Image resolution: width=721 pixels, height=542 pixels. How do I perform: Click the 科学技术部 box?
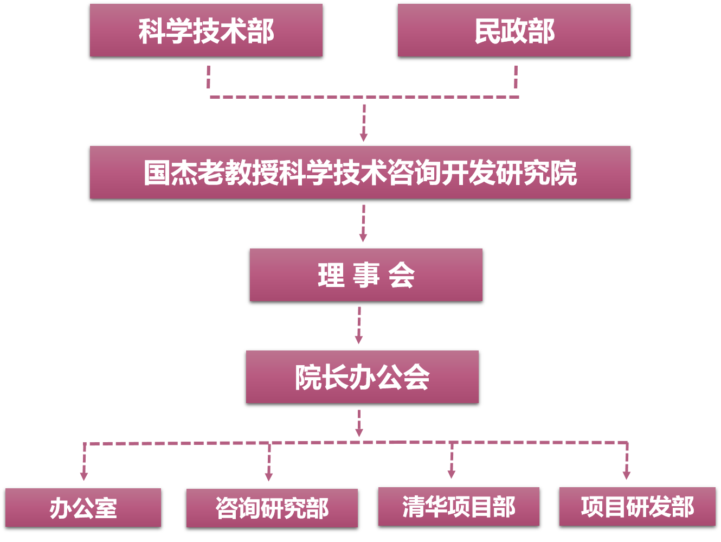pos(206,30)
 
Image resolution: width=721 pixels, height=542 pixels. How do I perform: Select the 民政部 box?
pos(514,30)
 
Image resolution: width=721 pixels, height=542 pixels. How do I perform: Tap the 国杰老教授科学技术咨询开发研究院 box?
pos(360,173)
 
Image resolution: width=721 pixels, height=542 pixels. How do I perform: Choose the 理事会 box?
pos(366,275)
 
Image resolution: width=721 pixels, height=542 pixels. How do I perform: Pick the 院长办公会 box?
pos(362,377)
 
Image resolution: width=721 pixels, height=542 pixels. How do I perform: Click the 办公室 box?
pos(83,508)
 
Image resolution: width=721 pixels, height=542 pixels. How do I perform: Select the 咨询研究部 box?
pos(272,508)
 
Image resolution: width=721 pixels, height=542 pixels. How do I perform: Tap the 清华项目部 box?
pos(459,507)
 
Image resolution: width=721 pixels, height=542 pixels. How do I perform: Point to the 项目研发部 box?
pos(638,507)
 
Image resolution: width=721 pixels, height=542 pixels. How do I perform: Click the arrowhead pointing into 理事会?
pos(363,238)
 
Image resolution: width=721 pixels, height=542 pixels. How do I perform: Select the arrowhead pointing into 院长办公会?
pos(359,340)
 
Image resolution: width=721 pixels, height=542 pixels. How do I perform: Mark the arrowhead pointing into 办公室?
pos(84,476)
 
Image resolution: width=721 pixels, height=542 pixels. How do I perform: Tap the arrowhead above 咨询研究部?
pos(269,477)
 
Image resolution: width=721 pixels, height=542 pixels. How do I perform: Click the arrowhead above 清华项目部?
pos(452,475)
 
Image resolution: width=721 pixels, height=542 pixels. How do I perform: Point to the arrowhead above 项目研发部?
pos(627,475)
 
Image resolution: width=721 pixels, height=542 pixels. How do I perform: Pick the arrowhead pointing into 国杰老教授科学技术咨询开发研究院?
pos(364,137)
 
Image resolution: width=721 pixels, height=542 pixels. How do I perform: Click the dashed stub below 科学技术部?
pos(209,77)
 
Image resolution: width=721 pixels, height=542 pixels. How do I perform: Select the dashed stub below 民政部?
pos(516,77)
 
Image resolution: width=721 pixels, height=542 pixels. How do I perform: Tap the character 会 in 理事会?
pos(402,275)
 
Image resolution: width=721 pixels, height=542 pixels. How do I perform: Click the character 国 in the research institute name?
pos(157,173)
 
